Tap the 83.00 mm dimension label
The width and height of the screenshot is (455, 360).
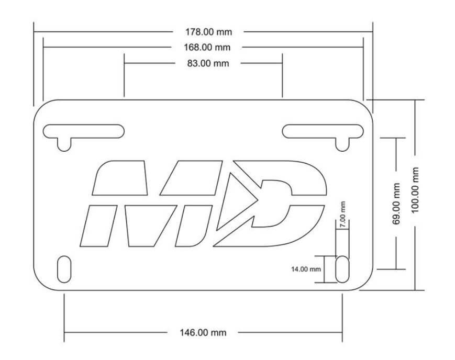coord(208,63)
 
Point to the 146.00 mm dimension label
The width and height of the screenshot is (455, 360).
coord(203,332)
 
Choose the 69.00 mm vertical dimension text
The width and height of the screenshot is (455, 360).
coord(396,204)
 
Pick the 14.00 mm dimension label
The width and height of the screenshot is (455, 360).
coord(306,269)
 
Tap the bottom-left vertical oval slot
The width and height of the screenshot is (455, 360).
coord(64,269)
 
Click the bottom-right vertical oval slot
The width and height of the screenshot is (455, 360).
coord(342,269)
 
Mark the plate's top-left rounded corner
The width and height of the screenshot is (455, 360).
coord(42,107)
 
